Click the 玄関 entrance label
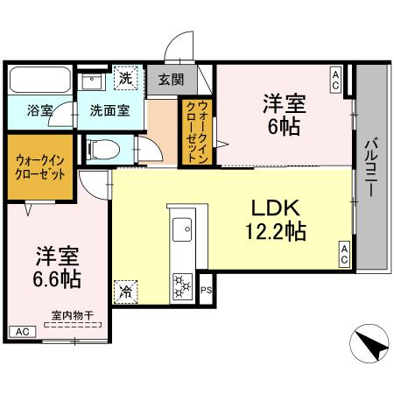[171, 79]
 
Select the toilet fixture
[104, 148]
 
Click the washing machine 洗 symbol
[127, 78]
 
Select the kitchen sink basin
[185, 231]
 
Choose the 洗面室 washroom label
[110, 110]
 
